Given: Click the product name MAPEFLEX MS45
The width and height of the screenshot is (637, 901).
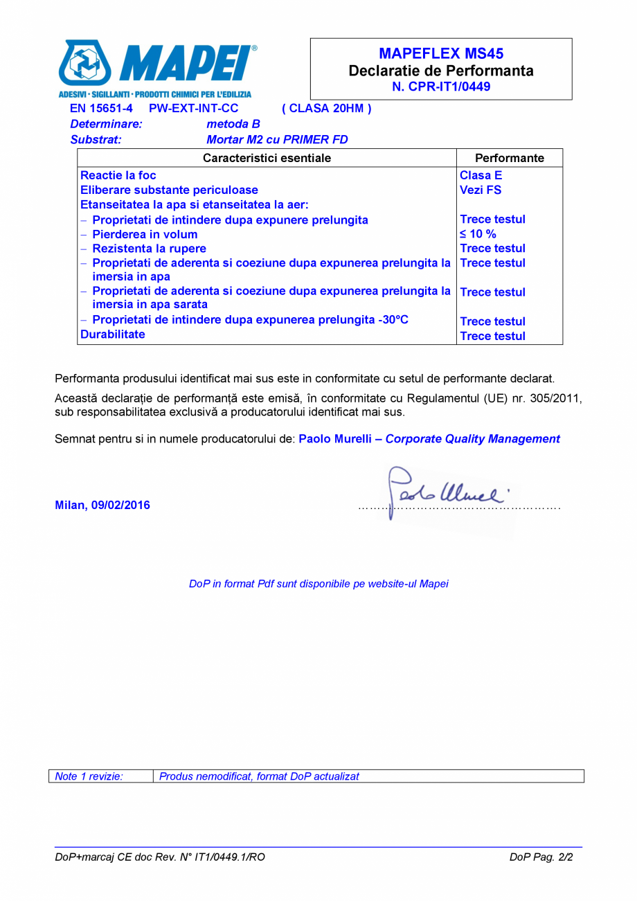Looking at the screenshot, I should [441, 54].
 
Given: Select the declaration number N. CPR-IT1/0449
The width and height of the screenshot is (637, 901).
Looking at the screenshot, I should [441, 87].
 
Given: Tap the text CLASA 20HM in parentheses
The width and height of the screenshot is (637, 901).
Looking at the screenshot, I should [327, 109].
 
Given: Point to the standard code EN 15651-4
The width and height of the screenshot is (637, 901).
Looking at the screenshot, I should [101, 109].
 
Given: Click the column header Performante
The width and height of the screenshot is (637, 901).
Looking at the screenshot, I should [510, 158].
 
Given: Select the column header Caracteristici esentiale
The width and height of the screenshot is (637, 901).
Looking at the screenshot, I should [267, 158].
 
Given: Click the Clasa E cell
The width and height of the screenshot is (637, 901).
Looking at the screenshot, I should [481, 175].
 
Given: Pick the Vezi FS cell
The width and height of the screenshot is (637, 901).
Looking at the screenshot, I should [481, 190].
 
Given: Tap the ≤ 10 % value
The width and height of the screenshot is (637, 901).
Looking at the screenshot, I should [478, 234].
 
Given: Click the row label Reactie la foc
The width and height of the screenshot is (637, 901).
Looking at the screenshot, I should [118, 175].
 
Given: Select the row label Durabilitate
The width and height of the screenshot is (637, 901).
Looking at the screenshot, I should [113, 334].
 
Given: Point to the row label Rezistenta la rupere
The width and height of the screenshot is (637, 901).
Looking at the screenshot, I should [149, 249].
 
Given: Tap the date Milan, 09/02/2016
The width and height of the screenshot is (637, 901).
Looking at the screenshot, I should [102, 505].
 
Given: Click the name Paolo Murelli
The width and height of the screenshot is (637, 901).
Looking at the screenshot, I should [335, 439].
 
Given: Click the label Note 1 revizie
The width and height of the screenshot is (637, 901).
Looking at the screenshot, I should [89, 776].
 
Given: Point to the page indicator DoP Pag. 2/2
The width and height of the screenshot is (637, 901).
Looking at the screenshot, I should [541, 857].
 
